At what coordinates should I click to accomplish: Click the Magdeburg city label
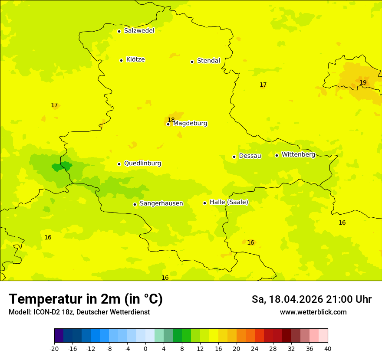[x=190, y=124]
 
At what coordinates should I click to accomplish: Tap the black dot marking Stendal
[x=192, y=62]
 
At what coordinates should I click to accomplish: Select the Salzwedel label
[x=139, y=31]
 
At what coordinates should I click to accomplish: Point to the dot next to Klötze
[x=121, y=60]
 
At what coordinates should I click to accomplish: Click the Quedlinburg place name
[x=142, y=164]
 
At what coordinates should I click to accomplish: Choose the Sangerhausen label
[x=161, y=203]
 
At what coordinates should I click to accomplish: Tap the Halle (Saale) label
[x=229, y=202]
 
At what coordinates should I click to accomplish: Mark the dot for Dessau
[x=234, y=157]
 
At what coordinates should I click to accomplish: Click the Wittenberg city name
[x=298, y=154]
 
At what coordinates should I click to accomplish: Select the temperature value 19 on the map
[x=363, y=82]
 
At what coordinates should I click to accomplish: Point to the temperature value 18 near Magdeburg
[x=171, y=120]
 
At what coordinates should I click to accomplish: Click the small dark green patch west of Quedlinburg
[x=61, y=167]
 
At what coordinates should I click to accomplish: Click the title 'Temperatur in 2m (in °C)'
[x=86, y=299]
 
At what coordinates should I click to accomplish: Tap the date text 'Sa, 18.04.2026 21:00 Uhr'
[x=311, y=299]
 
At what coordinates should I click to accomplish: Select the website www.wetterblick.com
[x=313, y=312]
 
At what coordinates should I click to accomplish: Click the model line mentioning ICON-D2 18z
[x=79, y=312]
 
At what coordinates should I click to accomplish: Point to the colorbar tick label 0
[x=145, y=348]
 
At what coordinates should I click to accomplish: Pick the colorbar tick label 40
[x=328, y=348]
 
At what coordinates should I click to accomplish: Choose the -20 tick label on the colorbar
[x=54, y=348]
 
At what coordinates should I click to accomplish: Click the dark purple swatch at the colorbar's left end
[x=59, y=336]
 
